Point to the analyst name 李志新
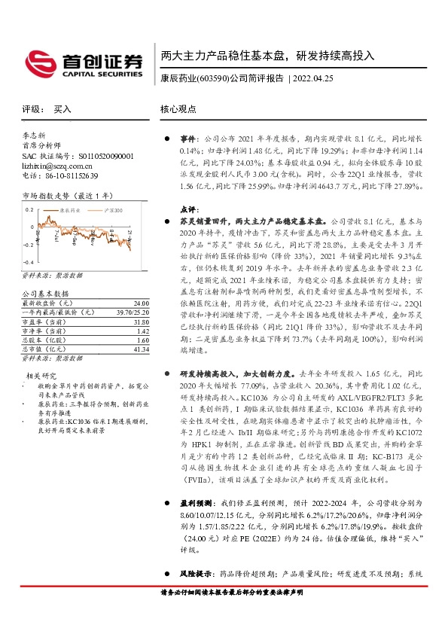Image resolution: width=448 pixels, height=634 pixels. [35, 136]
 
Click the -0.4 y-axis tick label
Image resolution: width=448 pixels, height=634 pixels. [27, 245]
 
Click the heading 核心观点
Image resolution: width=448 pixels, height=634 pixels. [177, 109]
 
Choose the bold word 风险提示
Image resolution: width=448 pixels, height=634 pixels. [194, 573]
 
